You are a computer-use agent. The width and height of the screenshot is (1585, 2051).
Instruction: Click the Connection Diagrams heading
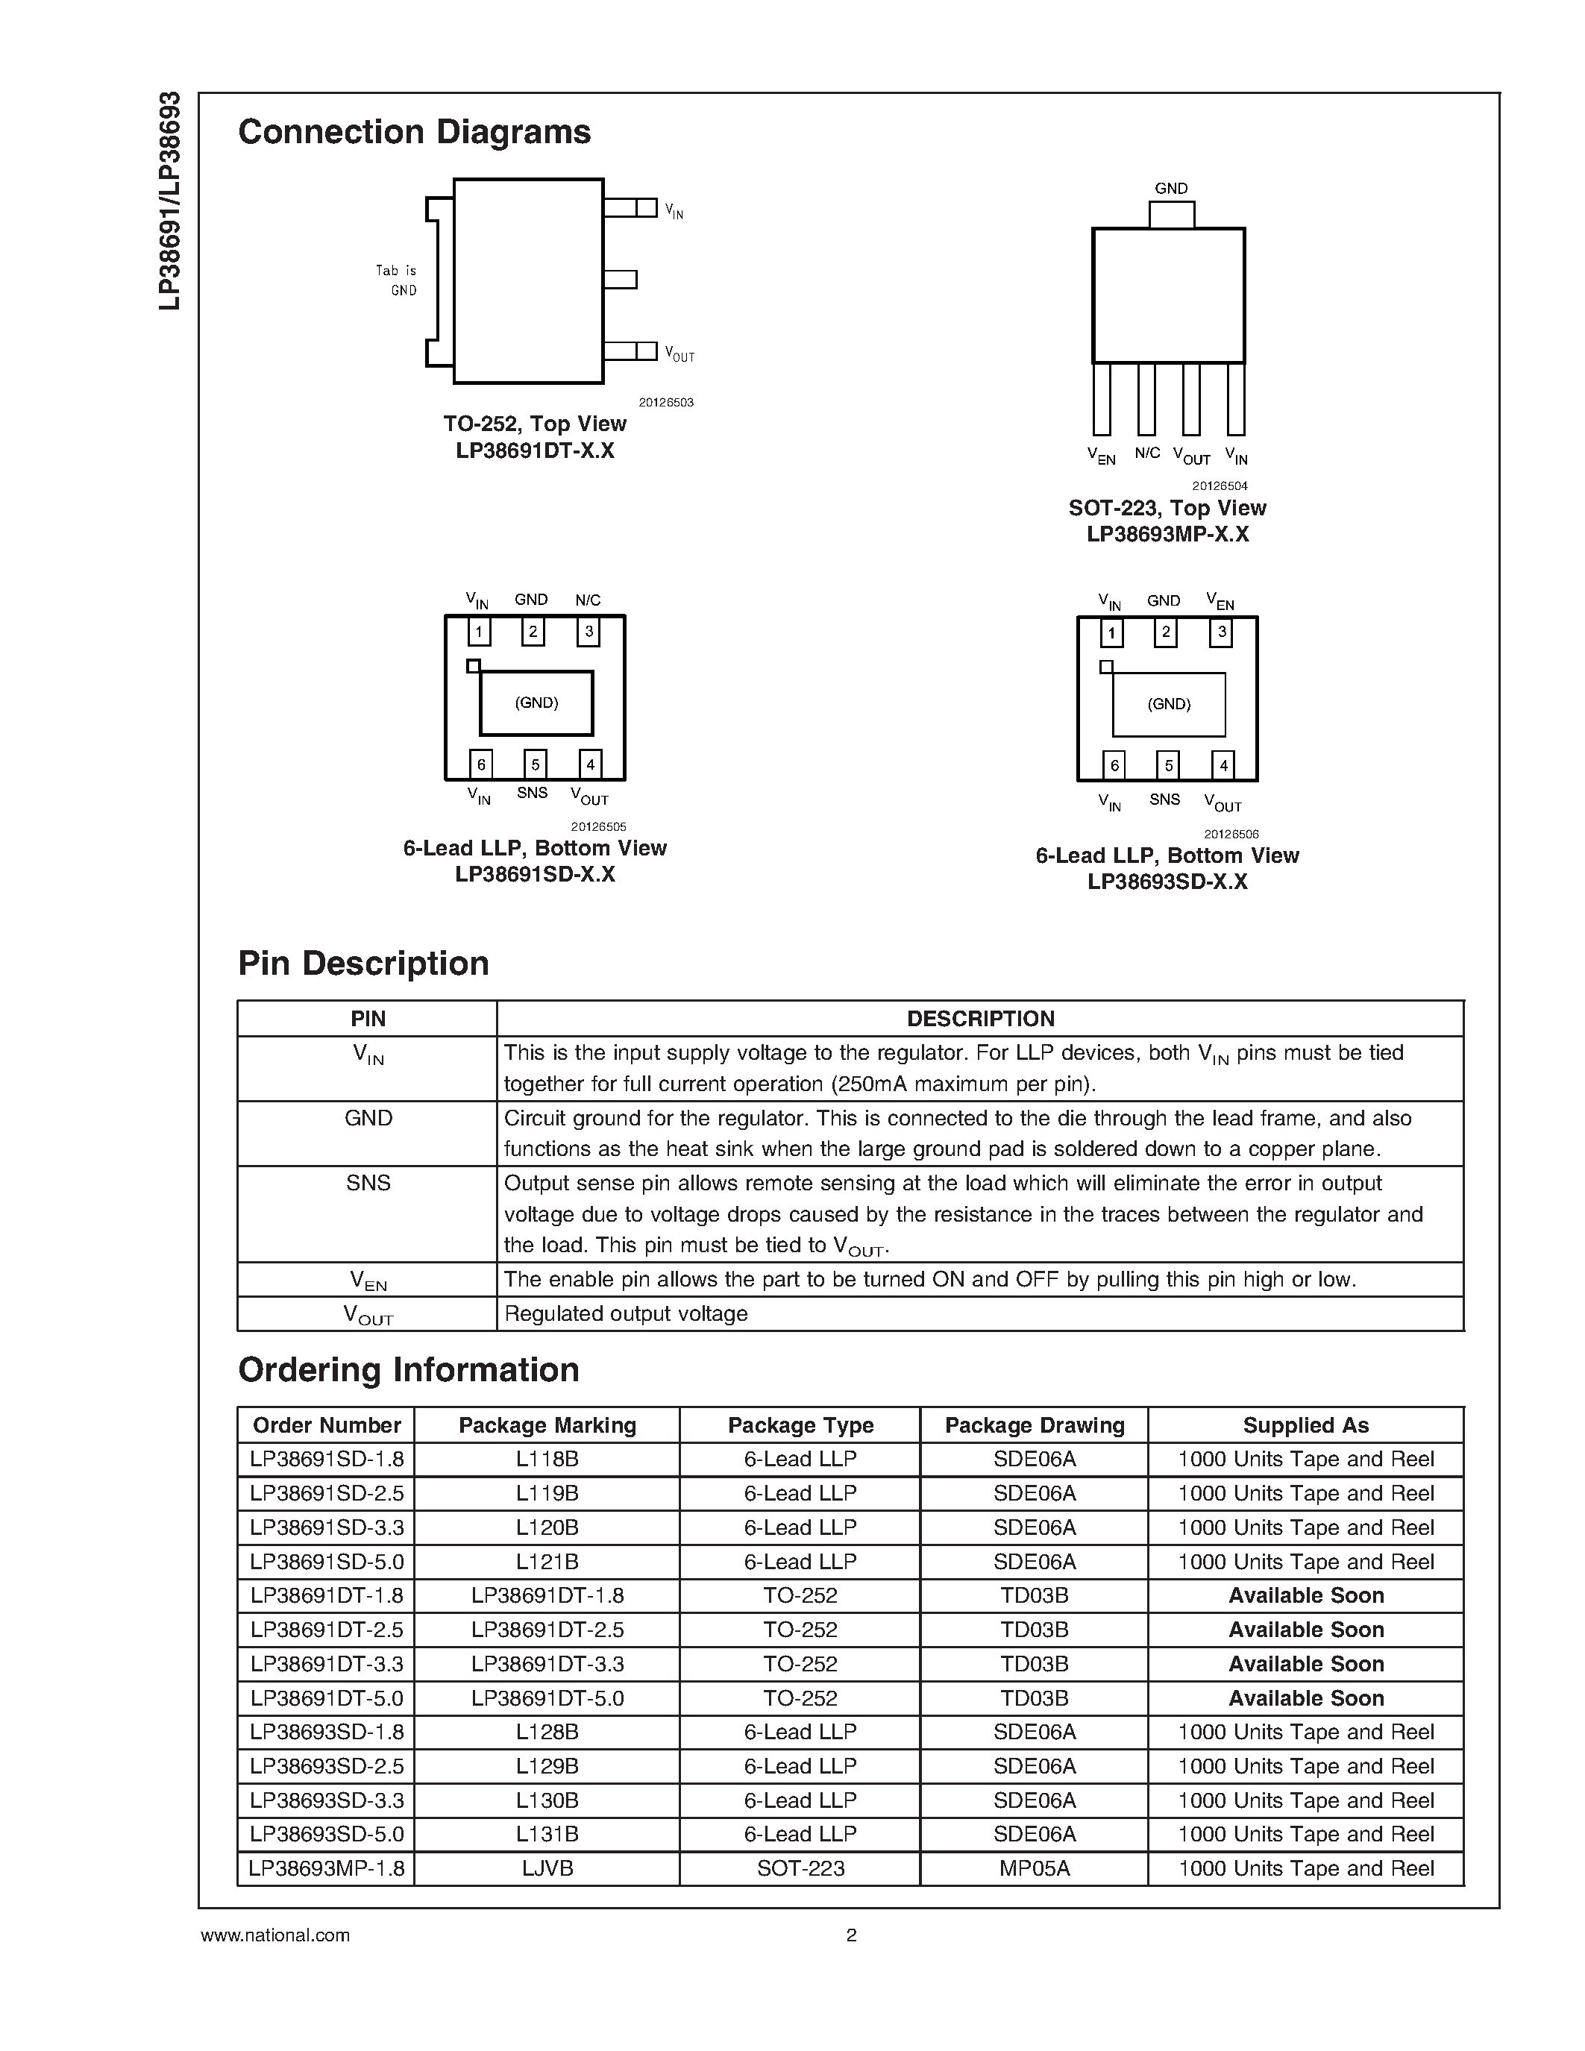(414, 133)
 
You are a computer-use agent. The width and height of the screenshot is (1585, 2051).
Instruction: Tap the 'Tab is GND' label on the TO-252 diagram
(398, 280)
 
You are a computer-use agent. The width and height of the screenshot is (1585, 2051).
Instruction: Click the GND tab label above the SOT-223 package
(1171, 189)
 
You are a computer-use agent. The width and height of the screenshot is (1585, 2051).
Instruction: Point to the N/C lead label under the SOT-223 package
(1147, 453)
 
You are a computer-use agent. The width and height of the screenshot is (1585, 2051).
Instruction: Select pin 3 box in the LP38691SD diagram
(589, 631)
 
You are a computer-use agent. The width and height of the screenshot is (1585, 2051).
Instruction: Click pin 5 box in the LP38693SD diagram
(1168, 765)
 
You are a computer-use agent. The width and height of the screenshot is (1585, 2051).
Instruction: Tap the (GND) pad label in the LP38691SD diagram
(536, 703)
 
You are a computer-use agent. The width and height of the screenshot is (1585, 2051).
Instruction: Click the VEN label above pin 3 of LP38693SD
(1220, 601)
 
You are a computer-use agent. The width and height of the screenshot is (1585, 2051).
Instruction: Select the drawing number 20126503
(666, 402)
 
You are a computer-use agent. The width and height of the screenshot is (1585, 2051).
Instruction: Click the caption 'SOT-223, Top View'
(1167, 508)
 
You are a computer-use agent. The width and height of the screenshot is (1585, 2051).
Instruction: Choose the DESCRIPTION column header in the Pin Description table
(979, 1019)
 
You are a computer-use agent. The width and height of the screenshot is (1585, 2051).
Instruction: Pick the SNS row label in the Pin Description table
(367, 1184)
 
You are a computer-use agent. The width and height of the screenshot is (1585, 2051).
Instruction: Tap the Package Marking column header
(547, 1425)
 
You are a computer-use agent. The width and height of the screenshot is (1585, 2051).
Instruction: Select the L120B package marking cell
(547, 1528)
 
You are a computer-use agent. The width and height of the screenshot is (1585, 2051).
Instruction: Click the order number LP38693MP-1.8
(326, 1869)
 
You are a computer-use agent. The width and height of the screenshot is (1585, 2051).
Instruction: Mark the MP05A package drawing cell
(1034, 1869)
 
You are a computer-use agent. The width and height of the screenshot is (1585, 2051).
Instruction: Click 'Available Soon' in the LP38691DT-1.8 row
(1305, 1595)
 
